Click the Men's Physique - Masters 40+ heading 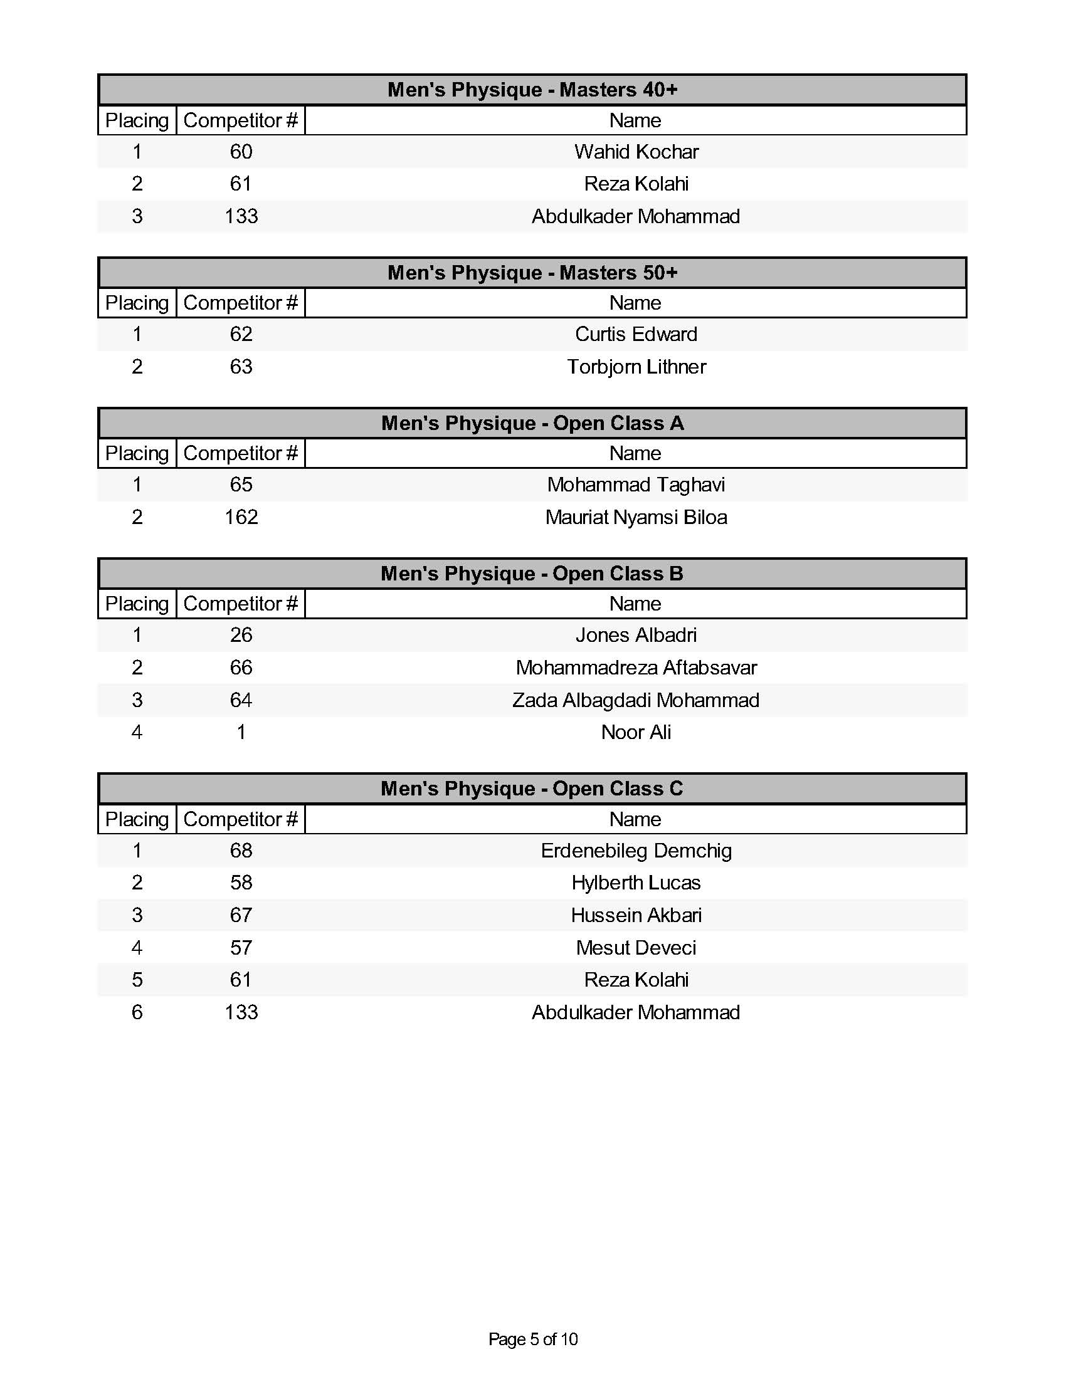click(532, 90)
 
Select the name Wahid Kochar click(636, 152)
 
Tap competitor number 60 click(241, 152)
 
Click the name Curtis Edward click(636, 334)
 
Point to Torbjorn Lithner click(636, 367)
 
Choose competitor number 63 click(241, 367)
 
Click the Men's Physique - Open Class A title click(532, 423)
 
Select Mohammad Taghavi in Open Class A click(636, 485)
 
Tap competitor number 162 click(241, 517)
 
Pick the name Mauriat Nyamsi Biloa click(636, 517)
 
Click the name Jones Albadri click(636, 634)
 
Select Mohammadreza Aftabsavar click(636, 668)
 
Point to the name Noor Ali click(636, 731)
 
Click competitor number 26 click(241, 634)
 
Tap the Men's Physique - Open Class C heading click(532, 789)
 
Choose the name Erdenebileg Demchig click(636, 851)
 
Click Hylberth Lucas click(636, 882)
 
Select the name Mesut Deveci click(636, 947)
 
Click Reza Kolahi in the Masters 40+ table click(636, 184)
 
